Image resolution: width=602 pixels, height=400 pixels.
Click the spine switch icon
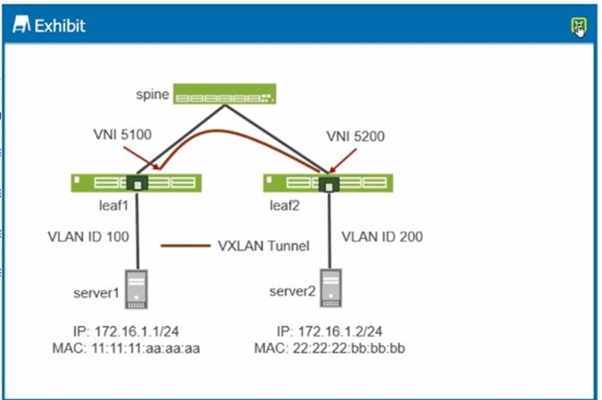(224, 94)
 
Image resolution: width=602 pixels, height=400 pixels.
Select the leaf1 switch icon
(136, 182)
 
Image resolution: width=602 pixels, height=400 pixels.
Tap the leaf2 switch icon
(328, 182)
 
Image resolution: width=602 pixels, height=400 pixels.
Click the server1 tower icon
(136, 289)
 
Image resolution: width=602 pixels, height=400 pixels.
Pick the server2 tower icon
(330, 288)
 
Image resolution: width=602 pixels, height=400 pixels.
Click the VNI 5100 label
(122, 136)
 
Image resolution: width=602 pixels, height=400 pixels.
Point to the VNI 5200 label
(355, 136)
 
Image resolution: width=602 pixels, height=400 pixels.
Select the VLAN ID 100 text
(88, 236)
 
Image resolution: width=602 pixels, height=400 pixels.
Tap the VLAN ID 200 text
(381, 236)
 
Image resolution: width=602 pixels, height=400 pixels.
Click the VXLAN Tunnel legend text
(263, 246)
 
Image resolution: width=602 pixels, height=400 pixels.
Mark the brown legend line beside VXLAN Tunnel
(185, 246)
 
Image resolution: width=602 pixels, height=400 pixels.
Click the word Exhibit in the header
(60, 25)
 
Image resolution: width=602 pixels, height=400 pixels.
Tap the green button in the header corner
(578, 25)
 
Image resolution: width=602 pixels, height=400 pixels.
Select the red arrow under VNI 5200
(344, 160)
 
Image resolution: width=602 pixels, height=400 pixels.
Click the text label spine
(152, 94)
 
